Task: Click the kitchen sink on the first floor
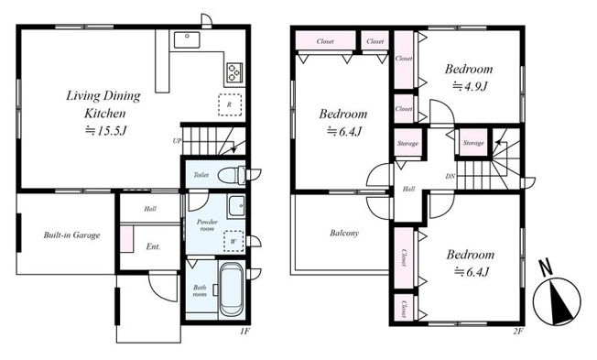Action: (187, 40)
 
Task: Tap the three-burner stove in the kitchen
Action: (233, 72)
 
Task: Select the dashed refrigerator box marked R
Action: (230, 104)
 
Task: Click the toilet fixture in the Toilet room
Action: (232, 176)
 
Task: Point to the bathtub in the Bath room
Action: (232, 289)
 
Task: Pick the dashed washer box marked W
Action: (233, 241)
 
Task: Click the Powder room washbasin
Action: (236, 207)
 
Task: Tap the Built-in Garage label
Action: (71, 235)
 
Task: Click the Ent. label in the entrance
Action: (153, 246)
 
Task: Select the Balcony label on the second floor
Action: (344, 233)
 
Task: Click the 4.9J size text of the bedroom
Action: (470, 86)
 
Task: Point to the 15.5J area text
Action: (105, 131)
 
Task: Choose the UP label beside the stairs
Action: (177, 141)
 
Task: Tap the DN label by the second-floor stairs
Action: (450, 177)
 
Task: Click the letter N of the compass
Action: (547, 267)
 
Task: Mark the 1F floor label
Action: (244, 331)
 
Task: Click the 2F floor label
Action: (518, 331)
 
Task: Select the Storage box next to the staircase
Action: (473, 143)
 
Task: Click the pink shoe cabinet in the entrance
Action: (126, 239)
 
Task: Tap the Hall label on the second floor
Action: (408, 189)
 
